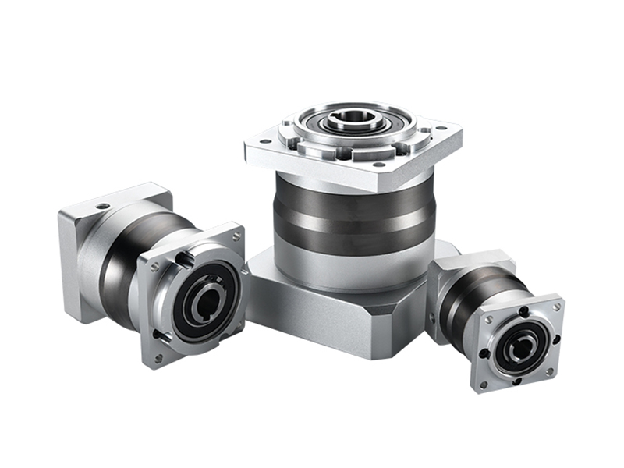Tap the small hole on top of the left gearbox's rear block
click(102, 207)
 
